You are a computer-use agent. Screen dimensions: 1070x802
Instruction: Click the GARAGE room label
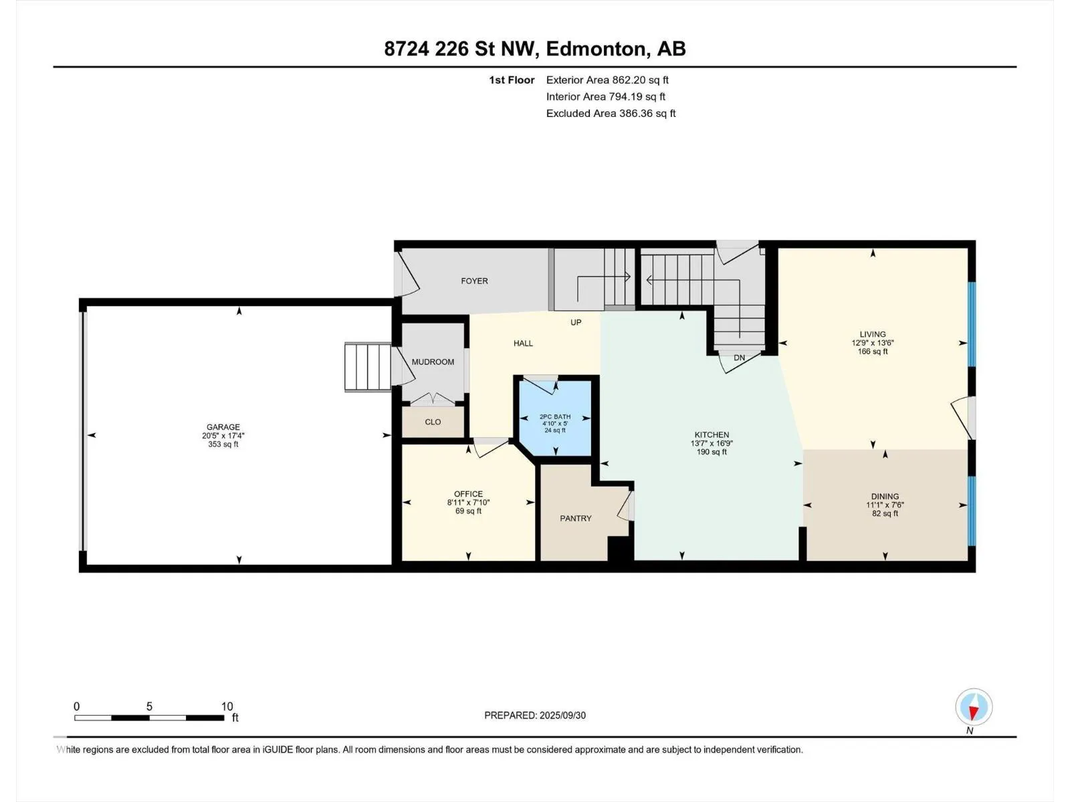click(x=223, y=427)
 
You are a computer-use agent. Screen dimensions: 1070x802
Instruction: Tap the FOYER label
click(x=474, y=281)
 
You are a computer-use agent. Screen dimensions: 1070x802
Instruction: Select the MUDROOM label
click(x=433, y=362)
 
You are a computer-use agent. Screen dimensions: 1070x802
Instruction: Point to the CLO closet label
click(x=433, y=422)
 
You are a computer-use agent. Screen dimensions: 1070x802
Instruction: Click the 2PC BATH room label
click(x=555, y=417)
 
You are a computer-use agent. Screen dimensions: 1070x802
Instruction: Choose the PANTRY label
click(x=576, y=518)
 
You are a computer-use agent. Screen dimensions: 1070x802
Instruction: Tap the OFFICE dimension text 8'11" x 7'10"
click(x=469, y=503)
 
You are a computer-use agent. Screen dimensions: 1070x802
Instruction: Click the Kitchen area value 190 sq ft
click(x=712, y=452)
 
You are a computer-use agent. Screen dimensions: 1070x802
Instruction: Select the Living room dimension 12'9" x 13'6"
click(x=873, y=343)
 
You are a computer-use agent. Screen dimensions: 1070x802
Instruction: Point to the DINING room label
click(x=885, y=497)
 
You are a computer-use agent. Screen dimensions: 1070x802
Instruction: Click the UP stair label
click(x=576, y=322)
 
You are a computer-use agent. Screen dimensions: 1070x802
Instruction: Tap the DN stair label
click(x=740, y=358)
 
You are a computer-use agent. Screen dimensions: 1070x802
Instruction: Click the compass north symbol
click(x=974, y=706)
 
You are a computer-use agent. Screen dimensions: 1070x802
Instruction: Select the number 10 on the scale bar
click(x=227, y=706)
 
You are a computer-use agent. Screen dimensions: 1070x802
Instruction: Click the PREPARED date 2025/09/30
click(x=562, y=715)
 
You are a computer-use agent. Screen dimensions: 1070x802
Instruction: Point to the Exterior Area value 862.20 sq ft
click(x=641, y=80)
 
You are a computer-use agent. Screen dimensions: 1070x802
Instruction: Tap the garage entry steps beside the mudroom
click(x=368, y=367)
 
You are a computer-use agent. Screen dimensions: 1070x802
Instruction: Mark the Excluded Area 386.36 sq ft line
click(x=611, y=114)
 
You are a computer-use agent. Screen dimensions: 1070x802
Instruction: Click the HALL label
click(x=523, y=344)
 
